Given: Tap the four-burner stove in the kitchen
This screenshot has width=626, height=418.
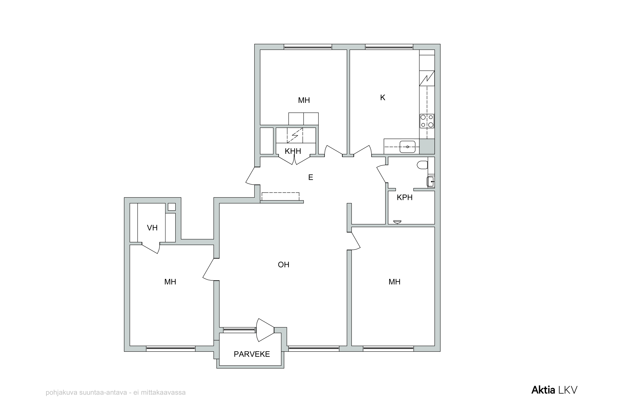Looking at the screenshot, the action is tap(427, 121).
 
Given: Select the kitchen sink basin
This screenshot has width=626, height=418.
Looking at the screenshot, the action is tap(407, 147).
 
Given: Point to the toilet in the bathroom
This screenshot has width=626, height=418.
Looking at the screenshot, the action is tap(422, 165).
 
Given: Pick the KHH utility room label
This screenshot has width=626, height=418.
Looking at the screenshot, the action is tap(293, 151).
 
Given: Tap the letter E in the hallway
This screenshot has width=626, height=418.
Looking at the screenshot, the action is tap(310, 177).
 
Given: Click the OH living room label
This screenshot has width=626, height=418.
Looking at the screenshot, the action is tap(284, 265).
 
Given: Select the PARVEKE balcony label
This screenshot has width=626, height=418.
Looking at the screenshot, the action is tap(252, 354).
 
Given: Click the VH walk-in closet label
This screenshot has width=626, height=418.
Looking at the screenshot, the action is tap(152, 228).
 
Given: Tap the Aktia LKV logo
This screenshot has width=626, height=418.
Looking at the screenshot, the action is tap(554, 390).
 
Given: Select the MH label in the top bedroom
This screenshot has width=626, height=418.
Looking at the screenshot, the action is tap(304, 100).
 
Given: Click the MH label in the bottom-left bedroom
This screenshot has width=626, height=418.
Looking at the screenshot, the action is tap(170, 282).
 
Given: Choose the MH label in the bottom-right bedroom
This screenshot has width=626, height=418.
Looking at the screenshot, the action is tap(394, 282).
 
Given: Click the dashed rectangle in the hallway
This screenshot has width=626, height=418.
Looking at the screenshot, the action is tap(280, 197).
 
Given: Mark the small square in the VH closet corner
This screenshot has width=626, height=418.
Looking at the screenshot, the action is tap(172, 207).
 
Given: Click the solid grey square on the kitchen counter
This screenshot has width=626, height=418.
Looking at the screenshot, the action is tap(427, 146).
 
